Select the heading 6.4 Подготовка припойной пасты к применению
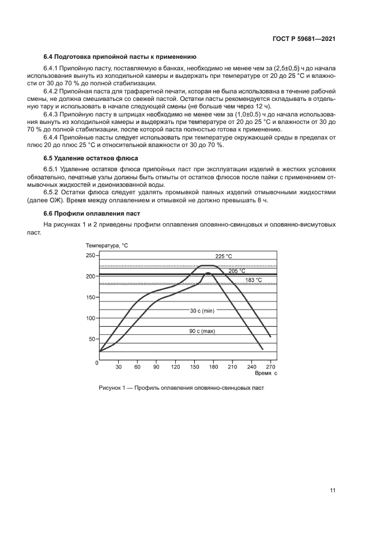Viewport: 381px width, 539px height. tap(120, 57)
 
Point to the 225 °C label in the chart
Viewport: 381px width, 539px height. tap(224, 256)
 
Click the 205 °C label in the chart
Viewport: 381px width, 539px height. tap(237, 270)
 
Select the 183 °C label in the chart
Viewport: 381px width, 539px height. tap(254, 280)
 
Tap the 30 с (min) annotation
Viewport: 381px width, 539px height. tap(202, 311)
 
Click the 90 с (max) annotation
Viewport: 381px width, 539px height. tap(202, 331)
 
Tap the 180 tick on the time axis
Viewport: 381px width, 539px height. tap(213, 367)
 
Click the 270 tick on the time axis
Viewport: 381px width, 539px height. tap(270, 367)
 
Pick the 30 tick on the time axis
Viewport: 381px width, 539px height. tap(118, 367)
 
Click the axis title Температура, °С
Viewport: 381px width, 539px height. tap(107, 246)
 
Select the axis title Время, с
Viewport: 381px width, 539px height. tap(266, 374)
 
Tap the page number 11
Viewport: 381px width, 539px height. tap(333, 491)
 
